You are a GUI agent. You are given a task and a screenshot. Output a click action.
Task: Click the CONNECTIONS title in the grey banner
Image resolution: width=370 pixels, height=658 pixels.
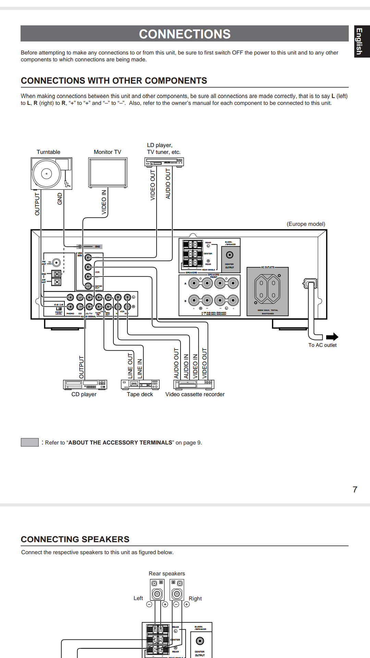pos(185,34)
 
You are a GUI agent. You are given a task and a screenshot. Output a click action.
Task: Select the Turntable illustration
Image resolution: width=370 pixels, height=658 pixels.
pos(51,173)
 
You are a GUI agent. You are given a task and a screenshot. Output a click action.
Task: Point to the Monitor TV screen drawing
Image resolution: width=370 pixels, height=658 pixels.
pos(108,172)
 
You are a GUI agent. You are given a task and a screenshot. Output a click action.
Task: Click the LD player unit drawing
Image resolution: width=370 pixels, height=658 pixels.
pos(164,162)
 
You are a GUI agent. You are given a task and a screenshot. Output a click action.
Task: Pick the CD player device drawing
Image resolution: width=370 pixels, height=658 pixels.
pos(85,385)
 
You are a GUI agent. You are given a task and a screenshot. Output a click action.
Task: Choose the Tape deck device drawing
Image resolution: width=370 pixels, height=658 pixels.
pos(140,385)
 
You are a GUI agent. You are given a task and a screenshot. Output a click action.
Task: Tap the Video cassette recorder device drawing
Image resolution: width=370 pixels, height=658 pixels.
pos(194,385)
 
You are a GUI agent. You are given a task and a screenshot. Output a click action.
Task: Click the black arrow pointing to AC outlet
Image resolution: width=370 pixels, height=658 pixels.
pos(332,337)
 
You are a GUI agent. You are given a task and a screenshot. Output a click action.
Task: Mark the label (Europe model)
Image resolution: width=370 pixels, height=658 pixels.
pos(306,224)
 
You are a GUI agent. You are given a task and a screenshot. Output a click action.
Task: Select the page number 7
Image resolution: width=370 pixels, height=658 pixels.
pos(355,490)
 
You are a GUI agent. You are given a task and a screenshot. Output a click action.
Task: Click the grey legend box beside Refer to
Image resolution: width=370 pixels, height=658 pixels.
pos(30,442)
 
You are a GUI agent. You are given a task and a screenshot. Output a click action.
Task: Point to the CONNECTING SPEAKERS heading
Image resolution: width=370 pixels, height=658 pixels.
pos(75,539)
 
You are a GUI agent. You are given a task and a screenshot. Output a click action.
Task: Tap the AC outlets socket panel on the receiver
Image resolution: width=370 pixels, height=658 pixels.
pos(268,291)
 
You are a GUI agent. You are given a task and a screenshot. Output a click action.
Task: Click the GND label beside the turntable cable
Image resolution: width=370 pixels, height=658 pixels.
pos(60,199)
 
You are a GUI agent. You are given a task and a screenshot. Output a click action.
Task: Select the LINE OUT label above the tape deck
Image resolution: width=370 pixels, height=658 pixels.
pos(130,366)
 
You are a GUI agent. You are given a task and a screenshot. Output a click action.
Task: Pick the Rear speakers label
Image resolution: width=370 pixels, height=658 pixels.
pos(167,574)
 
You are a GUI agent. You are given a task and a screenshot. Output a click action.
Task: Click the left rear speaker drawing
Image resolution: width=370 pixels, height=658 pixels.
pos(157,590)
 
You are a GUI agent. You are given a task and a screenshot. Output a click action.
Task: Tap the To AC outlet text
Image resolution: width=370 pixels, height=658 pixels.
pos(322,345)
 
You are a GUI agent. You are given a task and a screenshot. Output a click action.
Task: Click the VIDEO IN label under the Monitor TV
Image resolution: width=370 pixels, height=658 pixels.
pos(104,202)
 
